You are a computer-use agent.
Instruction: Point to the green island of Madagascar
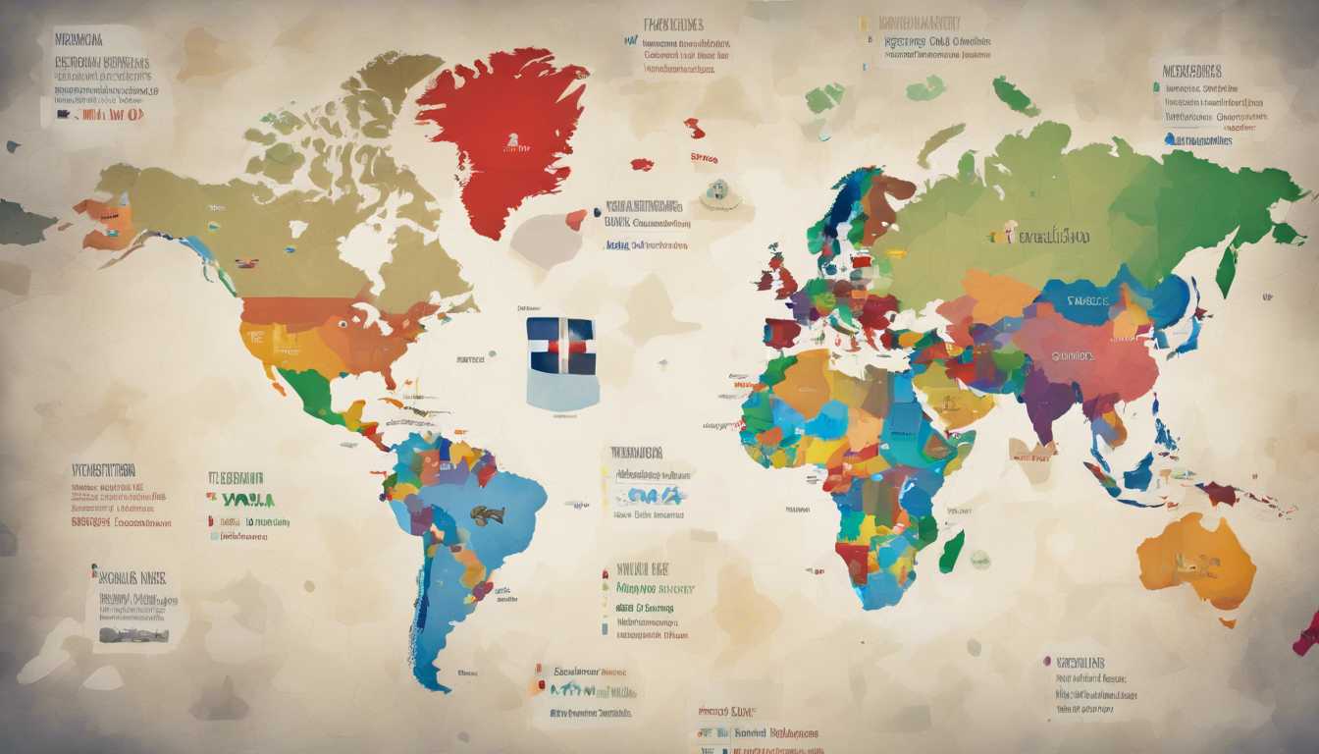(951, 552)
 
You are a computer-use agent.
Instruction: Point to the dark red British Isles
(780, 277)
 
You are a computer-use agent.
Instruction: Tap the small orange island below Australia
(1227, 622)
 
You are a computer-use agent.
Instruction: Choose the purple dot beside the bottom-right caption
(1047, 662)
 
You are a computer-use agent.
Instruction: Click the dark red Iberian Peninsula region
(781, 334)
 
